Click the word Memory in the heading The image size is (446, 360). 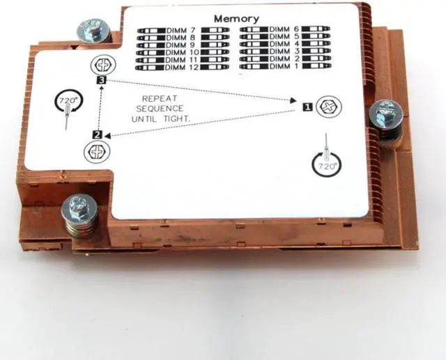[x=236, y=19]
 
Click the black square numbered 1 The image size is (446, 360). [x=307, y=107]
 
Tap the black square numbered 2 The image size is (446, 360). [x=98, y=134]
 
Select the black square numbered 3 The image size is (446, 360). [x=102, y=81]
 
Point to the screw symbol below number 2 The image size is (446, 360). [x=96, y=151]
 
